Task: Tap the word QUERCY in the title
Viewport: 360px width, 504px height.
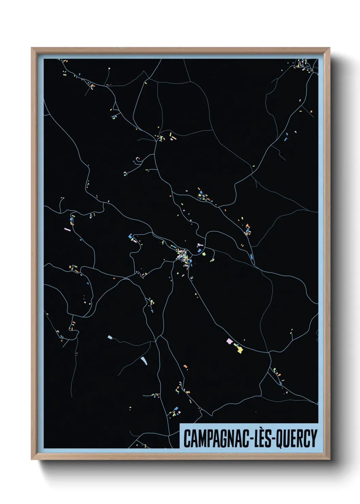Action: [x=297, y=439]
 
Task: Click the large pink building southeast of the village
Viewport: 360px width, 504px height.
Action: [x=229, y=341]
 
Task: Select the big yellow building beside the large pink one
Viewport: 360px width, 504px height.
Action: [x=240, y=349]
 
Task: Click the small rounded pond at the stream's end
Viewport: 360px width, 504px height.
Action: [x=110, y=337]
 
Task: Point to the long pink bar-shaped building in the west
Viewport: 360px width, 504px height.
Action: [x=67, y=230]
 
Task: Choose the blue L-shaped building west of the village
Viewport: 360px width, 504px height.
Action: [x=130, y=236]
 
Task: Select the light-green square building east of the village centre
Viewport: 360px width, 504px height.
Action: [x=204, y=254]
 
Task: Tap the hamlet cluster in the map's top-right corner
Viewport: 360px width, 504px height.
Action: [x=301, y=65]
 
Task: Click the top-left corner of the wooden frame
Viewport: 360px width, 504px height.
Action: [x=32, y=48]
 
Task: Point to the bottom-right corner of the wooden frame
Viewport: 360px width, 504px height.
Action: [x=329, y=459]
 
